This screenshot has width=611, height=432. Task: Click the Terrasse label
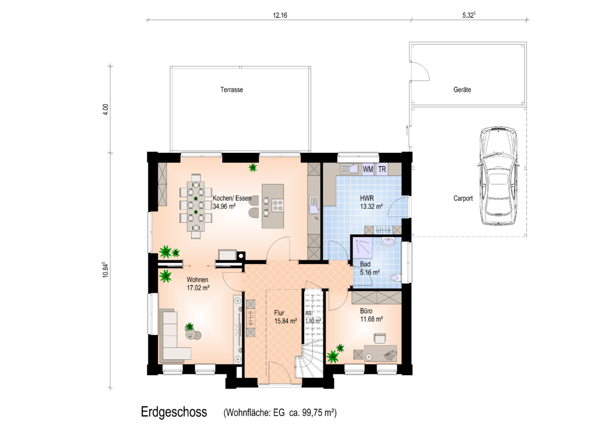coord(231,90)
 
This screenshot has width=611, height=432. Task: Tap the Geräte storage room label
coord(462,90)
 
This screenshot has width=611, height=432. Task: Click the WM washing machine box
coord(368,169)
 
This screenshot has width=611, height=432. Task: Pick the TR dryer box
coord(382,169)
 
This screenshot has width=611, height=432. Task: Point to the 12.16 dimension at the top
coord(280,16)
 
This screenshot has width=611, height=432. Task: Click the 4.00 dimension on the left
coord(105,109)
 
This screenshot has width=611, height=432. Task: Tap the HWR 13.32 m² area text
coord(371,202)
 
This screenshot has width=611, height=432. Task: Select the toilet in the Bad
coord(395,278)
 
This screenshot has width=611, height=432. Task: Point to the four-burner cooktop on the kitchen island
coord(278,205)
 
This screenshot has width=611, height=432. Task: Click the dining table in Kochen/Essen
coord(195,205)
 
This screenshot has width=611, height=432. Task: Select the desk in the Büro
coord(380,352)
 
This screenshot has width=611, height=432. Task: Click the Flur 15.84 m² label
coord(285,317)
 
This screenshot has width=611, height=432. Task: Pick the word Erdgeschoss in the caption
coord(174,412)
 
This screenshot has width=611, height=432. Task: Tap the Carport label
coord(463,198)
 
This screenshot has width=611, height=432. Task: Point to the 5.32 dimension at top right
coord(469,15)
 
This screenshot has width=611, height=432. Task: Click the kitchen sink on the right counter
coord(314,205)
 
